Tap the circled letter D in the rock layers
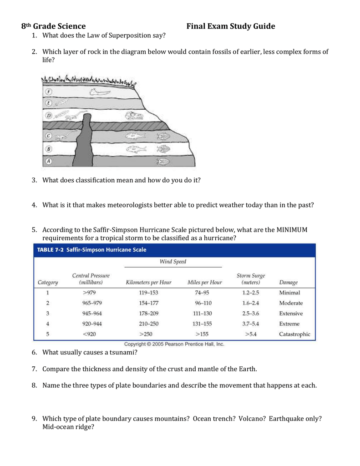pos(48,116)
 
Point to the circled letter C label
pos(48,136)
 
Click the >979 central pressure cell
pos(89,293)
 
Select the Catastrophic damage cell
pos(294,334)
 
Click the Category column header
pos(48,282)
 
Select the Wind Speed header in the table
pos(172,262)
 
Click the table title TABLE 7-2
pos(50,250)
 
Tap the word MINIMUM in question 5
pos(292,230)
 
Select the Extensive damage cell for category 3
pos(291,314)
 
